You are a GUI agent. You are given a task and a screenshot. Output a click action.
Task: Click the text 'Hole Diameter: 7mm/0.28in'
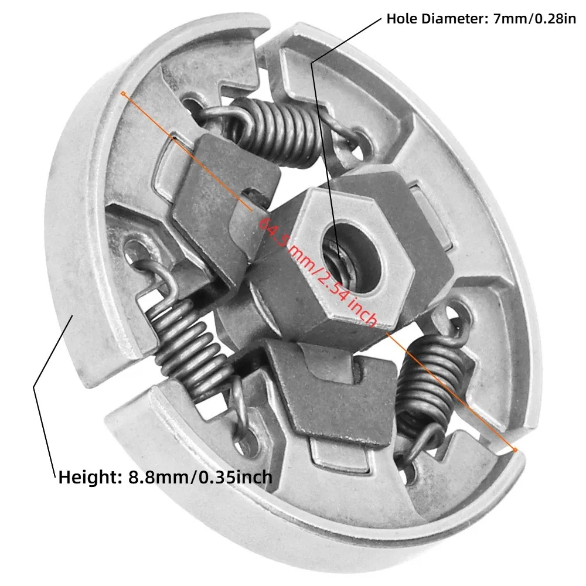[481, 19]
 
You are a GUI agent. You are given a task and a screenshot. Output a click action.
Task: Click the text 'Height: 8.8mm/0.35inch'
[165, 478]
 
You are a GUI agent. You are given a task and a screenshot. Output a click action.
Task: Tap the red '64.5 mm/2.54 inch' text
[318, 271]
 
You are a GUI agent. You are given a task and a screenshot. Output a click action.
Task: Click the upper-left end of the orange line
[123, 93]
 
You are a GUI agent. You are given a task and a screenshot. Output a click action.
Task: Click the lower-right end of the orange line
[515, 450]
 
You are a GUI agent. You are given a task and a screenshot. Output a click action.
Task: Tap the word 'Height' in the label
[88, 478]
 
